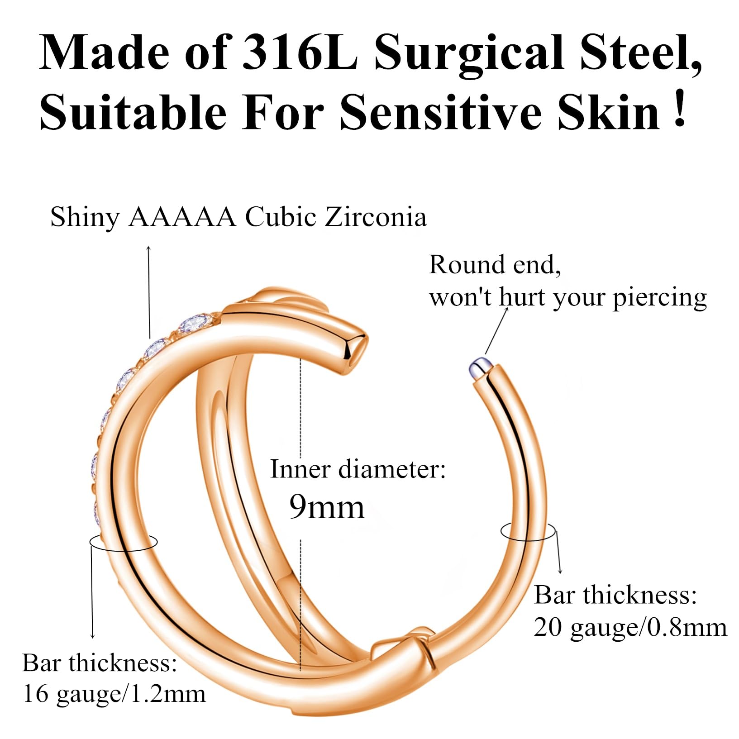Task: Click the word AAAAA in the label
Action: (182, 218)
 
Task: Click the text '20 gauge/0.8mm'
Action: (630, 628)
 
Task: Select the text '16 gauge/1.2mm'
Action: (114, 694)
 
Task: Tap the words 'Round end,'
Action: (495, 265)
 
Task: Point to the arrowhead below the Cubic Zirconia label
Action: (149, 248)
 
